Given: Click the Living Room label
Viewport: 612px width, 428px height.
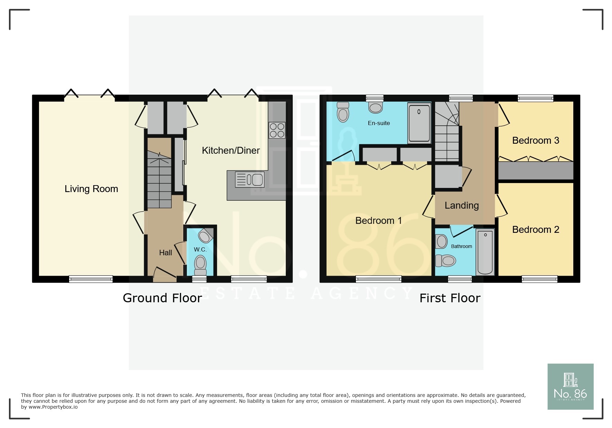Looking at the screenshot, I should coord(91,189).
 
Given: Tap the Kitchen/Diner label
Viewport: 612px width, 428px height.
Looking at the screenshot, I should coord(230,151).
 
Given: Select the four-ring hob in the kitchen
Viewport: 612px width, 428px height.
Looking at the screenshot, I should coord(277,130).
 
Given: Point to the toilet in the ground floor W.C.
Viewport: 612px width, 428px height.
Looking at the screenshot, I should coord(200,264).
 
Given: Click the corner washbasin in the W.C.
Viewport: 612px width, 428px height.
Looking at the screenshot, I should coord(206,236).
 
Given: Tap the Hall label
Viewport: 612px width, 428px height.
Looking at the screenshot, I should coord(165,253).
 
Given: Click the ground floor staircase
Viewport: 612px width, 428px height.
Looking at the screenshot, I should coord(159,180).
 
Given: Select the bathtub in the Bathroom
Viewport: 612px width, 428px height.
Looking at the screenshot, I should coord(485,252).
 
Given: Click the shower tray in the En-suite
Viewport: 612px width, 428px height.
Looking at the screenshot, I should coord(419,123).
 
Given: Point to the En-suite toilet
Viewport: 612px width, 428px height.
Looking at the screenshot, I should coord(343,112).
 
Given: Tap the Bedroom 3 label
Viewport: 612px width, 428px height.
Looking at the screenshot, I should coord(535,141).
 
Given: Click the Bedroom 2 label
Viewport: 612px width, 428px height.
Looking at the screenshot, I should coord(535,230).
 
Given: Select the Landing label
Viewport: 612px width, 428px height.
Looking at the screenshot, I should coord(461,206).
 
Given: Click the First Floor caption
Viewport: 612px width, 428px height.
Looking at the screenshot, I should coord(450,298).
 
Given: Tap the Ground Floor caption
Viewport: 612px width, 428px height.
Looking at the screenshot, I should coord(162,298).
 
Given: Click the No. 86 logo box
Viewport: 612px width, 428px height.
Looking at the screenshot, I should coord(570,387).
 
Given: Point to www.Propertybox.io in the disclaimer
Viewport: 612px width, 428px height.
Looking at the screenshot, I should coord(53,407).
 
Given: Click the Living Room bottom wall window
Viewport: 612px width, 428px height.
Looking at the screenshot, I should coord(91,279).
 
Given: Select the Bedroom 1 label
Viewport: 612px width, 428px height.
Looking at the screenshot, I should coord(378,221).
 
